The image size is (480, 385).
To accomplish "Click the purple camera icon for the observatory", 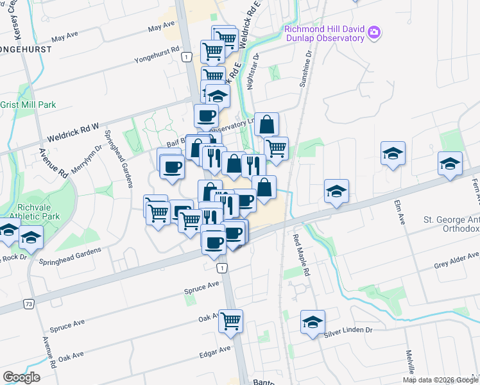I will tap(373, 31).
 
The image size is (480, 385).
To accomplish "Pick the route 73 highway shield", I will tap(29, 305).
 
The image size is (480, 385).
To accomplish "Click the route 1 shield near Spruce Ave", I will tap(221, 268).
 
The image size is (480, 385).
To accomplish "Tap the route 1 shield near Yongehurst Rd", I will tap(185, 58).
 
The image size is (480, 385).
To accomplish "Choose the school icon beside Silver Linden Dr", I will tap(313, 322).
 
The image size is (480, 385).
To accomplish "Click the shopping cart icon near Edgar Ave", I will tap(230, 321).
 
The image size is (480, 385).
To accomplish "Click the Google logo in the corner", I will tap(21, 377).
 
